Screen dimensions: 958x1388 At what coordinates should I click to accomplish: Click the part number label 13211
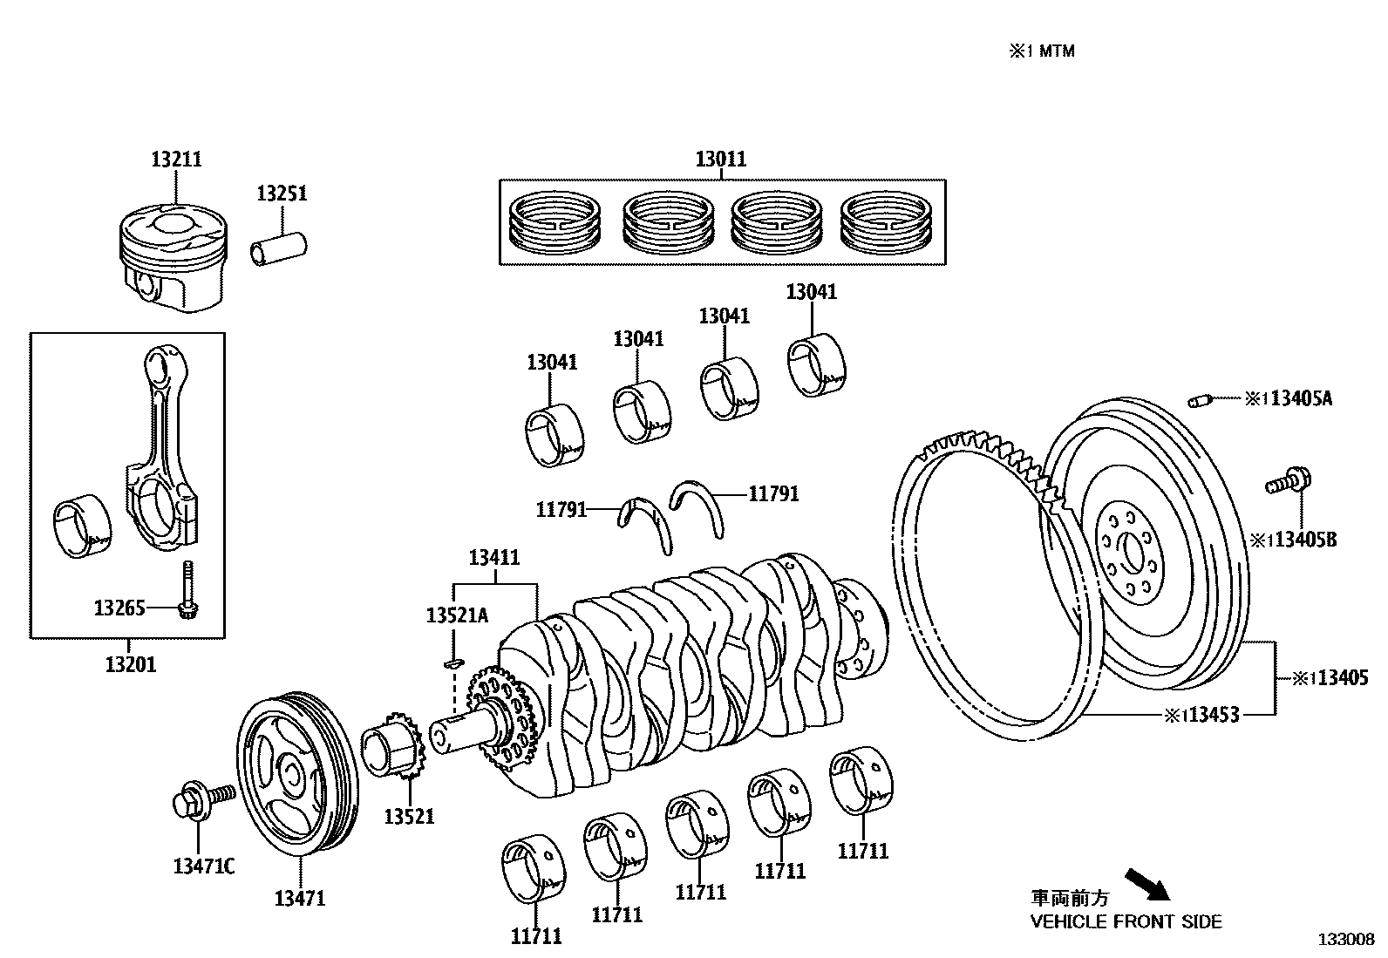pos(176,160)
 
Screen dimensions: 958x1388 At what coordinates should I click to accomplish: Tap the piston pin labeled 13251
pos(279,246)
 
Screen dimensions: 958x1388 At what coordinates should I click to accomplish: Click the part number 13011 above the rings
pos(721,160)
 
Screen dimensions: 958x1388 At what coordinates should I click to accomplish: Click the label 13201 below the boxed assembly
pos(131,665)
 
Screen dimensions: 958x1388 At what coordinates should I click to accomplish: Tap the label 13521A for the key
pos(457,615)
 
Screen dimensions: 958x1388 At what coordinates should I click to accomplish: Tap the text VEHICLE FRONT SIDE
pos(1126,921)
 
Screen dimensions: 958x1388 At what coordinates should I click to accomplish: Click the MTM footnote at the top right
pos(1042,51)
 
